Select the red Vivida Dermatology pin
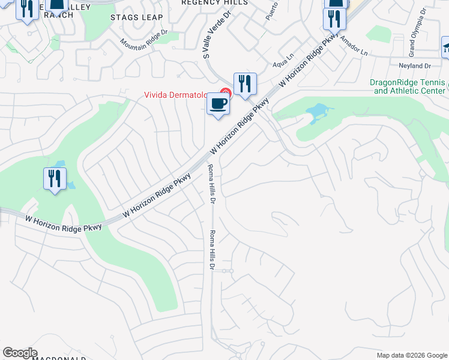[225, 93]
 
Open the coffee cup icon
[218, 104]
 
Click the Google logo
[20, 353]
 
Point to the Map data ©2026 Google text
[411, 355]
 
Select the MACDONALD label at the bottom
[60, 358]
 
